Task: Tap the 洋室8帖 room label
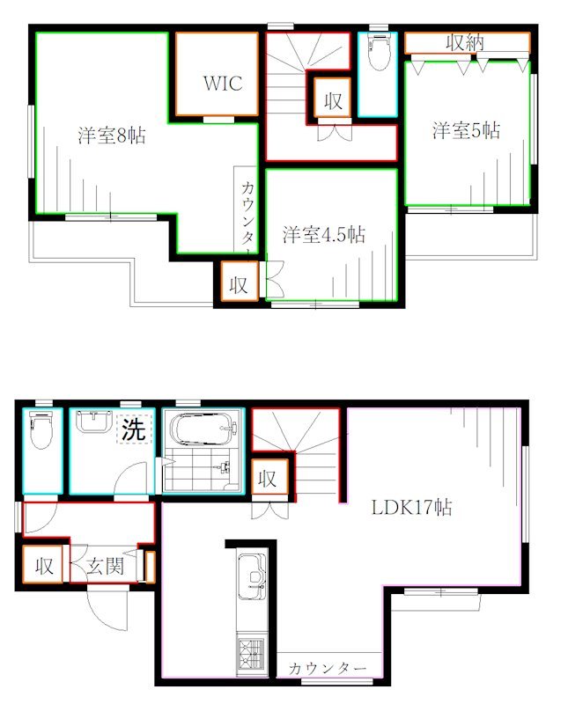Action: tap(111, 136)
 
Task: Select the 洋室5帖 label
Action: tap(466, 131)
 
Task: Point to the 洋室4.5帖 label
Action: tap(324, 235)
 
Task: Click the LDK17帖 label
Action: tap(412, 508)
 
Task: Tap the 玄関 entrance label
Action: tap(105, 567)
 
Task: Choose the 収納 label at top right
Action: tap(464, 42)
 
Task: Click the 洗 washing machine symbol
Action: tap(133, 431)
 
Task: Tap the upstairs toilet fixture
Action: tap(379, 55)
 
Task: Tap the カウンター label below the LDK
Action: tap(327, 669)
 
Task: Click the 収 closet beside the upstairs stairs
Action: tap(332, 100)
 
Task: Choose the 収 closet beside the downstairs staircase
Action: tap(268, 480)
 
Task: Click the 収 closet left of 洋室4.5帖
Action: tap(238, 284)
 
